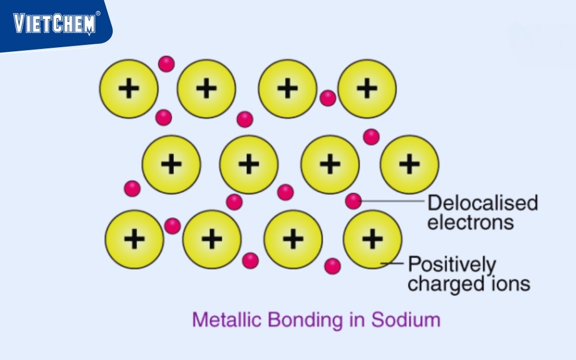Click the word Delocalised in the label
click(483, 203)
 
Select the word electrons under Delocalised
click(470, 222)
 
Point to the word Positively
click(452, 265)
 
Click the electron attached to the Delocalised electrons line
click(353, 201)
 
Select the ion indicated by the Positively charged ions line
click(372, 239)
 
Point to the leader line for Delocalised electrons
click(392, 201)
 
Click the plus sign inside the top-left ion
click(128, 89)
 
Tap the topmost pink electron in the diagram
click(166, 63)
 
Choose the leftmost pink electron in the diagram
click(132, 188)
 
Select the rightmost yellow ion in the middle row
click(409, 164)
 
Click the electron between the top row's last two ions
click(328, 98)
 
